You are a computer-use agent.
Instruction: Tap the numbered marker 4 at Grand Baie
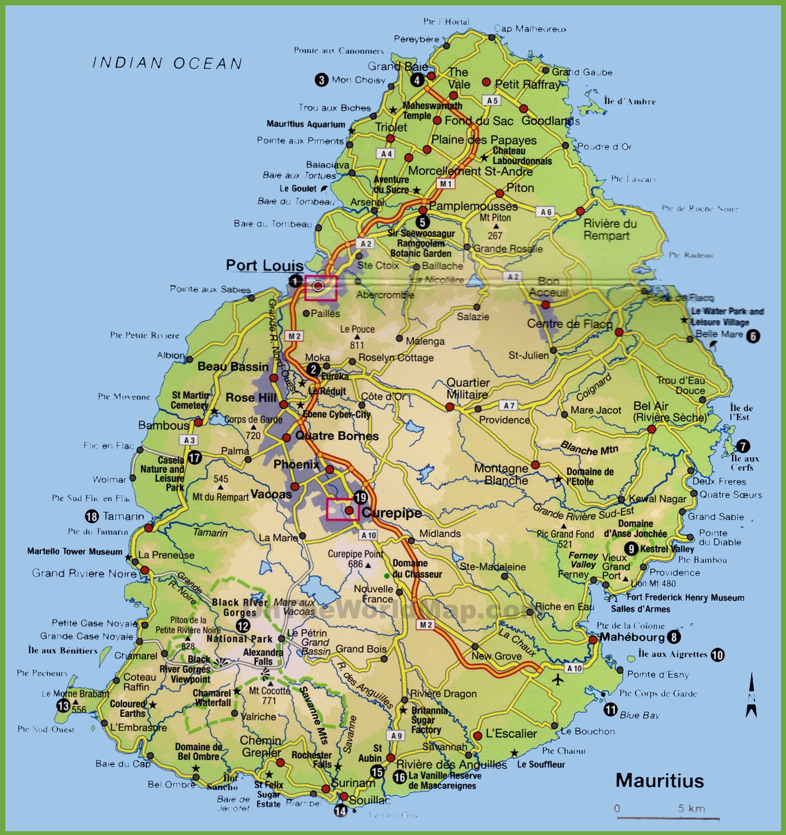(417, 81)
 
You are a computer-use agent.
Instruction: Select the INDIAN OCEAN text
(167, 63)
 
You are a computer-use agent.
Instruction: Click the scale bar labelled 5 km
(668, 816)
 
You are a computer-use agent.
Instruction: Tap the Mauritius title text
(660, 781)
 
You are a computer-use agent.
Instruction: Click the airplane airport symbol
(558, 679)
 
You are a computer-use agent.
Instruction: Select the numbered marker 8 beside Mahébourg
(674, 637)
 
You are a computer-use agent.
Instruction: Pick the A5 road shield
(492, 101)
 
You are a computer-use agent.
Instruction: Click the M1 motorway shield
(446, 184)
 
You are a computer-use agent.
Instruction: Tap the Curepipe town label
(392, 513)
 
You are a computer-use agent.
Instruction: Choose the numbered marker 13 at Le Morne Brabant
(64, 706)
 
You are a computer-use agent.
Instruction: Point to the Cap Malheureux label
(530, 29)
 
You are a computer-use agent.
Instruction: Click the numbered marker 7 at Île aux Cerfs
(743, 446)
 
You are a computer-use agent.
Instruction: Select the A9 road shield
(397, 736)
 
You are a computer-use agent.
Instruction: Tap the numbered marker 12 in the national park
(243, 626)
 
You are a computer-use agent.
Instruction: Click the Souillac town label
(370, 800)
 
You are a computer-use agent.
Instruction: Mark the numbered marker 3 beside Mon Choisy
(321, 80)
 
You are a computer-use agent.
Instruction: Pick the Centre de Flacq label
(569, 324)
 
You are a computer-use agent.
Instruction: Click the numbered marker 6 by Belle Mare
(753, 336)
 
